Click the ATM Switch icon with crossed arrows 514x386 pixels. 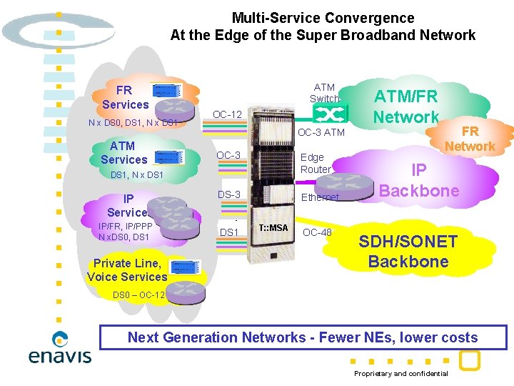(x=329, y=114)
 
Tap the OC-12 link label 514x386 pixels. (x=228, y=115)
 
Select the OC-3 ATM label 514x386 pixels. (x=321, y=132)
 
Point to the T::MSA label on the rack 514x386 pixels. (x=273, y=228)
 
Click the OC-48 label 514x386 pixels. (x=318, y=232)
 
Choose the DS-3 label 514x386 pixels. (x=229, y=195)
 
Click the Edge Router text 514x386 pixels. (x=315, y=164)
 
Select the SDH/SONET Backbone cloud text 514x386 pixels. (x=408, y=252)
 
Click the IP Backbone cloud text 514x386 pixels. (x=419, y=181)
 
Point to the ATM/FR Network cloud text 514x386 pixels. (x=406, y=107)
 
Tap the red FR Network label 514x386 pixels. (x=469, y=139)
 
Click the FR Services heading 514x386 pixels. (x=125, y=97)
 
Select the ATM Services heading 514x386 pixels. (x=124, y=153)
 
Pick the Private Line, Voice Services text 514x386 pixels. (x=127, y=270)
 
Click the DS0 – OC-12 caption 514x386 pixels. (x=139, y=295)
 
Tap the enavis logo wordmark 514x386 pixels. (x=60, y=355)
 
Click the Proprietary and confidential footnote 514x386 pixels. (x=401, y=374)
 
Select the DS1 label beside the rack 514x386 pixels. (x=229, y=232)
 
